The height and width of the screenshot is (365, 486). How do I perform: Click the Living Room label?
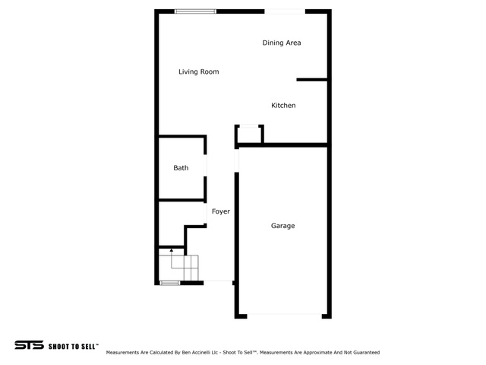(199, 71)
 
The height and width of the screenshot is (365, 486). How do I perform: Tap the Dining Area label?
(282, 43)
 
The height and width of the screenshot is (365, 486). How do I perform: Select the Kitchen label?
(283, 106)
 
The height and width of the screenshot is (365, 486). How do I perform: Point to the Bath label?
(181, 168)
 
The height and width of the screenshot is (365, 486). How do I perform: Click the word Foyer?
(221, 211)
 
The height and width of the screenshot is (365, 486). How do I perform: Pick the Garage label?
(282, 226)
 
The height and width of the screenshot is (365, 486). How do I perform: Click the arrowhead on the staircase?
(172, 250)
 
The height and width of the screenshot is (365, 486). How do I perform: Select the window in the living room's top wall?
(195, 11)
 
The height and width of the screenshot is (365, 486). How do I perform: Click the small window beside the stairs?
(169, 283)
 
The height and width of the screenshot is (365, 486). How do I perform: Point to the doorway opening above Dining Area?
(285, 11)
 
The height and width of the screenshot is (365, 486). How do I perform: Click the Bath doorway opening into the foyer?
(205, 166)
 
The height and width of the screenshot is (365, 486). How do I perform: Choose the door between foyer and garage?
(236, 160)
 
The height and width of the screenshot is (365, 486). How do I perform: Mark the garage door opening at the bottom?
(284, 316)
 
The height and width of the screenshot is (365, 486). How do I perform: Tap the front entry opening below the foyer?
(218, 282)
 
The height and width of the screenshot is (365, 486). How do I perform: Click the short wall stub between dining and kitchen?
(312, 80)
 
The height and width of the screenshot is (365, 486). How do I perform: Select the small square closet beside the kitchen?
(249, 135)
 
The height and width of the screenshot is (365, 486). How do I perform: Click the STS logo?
(29, 344)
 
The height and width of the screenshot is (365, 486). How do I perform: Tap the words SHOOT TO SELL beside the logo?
(73, 347)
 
